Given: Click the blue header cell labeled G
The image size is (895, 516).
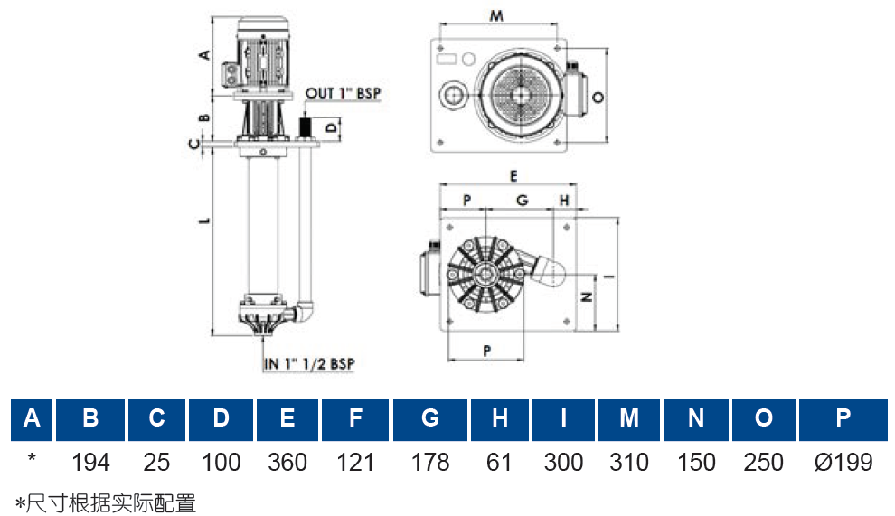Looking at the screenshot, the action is [x=429, y=419].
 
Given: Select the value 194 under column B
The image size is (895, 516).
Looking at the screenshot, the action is [x=90, y=463].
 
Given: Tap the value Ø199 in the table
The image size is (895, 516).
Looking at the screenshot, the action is [x=843, y=463].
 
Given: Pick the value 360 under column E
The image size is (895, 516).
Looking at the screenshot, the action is [x=287, y=463].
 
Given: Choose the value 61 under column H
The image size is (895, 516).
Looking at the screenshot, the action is [x=499, y=463].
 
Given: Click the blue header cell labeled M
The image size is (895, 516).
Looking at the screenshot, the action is [x=629, y=419].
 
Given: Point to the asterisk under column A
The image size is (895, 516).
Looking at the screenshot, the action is [x=32, y=458].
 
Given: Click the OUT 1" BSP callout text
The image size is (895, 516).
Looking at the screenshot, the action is [x=343, y=93].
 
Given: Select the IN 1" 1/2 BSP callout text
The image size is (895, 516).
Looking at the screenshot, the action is [x=309, y=363].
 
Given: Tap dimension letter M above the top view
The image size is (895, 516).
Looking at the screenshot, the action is [x=496, y=15].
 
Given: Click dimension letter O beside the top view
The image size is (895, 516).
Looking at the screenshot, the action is [x=598, y=97].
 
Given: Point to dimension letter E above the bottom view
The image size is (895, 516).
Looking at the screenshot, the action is [x=513, y=176].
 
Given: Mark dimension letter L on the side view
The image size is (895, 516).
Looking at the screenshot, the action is [x=205, y=220].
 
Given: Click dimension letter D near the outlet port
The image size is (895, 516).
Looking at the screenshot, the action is [x=332, y=127].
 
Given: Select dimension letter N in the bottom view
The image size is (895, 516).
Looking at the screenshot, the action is [x=586, y=296].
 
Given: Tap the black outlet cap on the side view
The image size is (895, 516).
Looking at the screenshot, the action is [x=306, y=127].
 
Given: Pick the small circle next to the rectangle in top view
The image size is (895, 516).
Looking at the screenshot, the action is [x=468, y=58].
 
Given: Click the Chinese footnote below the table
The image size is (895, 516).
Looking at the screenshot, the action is [x=106, y=503].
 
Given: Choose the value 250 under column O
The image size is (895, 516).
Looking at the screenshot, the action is [x=763, y=463].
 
